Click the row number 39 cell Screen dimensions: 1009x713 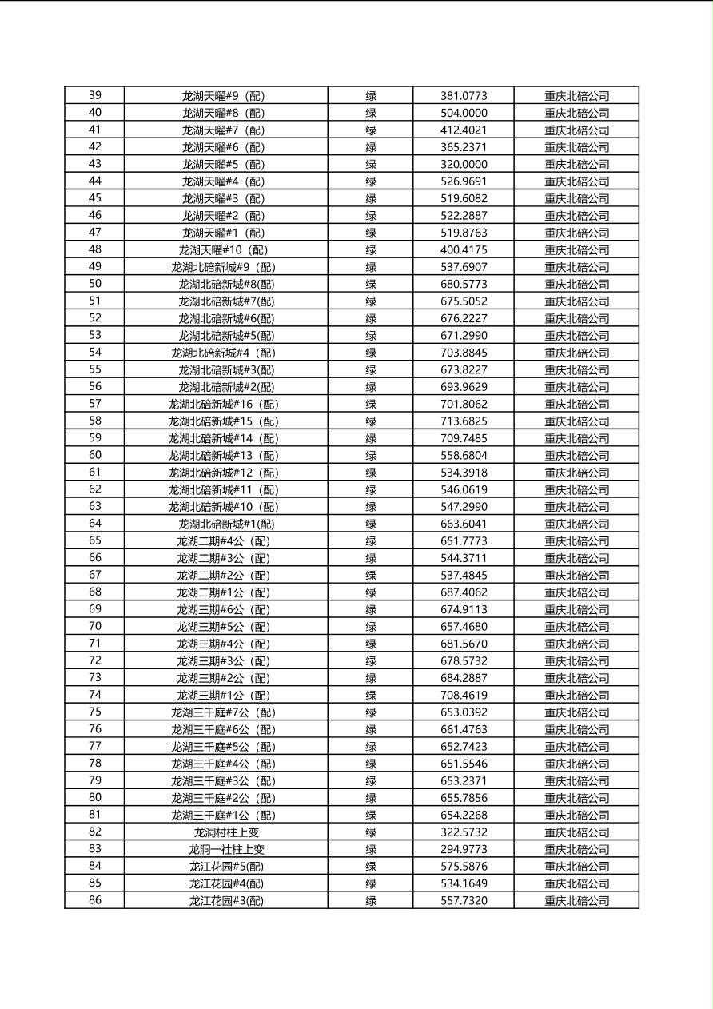(x=94, y=95)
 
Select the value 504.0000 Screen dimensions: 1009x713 (x=463, y=113)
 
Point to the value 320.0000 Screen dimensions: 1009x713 (x=463, y=164)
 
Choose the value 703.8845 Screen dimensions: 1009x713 (x=463, y=353)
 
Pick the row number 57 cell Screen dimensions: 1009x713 (x=94, y=404)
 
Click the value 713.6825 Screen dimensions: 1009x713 (x=463, y=421)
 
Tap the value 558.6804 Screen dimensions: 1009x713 (x=463, y=455)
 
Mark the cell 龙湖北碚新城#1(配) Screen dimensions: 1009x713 (x=225, y=524)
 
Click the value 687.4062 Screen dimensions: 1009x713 (x=463, y=592)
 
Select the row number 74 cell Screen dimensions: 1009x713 (x=94, y=695)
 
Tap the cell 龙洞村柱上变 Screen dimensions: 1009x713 (x=225, y=832)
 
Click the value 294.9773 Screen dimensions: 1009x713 (x=463, y=849)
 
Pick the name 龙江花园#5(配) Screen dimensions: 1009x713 (x=225, y=866)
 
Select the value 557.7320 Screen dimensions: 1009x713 (x=463, y=900)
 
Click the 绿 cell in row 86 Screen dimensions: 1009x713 (x=371, y=900)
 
